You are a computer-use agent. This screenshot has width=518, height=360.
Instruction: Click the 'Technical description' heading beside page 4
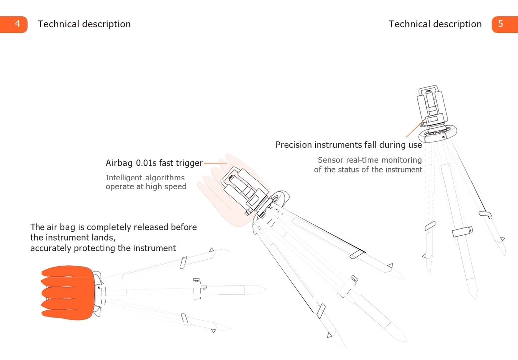coord(84,24)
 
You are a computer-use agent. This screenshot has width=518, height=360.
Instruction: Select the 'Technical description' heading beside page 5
coord(435,24)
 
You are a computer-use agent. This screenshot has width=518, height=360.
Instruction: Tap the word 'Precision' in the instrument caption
coord(294,145)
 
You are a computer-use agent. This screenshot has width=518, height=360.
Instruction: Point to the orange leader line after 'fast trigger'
coord(215,163)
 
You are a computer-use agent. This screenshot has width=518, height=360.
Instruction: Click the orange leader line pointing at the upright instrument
coord(414,129)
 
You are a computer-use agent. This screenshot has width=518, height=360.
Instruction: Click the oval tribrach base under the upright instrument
coord(438,134)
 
